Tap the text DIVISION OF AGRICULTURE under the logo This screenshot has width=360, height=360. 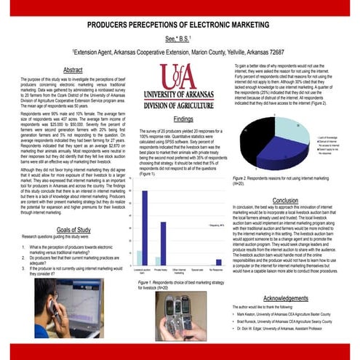183,103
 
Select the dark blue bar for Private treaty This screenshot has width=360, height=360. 163,243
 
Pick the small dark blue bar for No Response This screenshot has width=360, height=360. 218,262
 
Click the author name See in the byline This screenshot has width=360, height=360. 169,40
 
